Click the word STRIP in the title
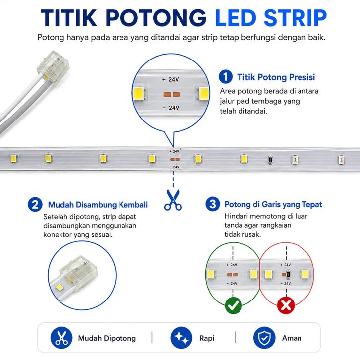click(x=295, y=18)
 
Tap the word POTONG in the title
click(x=156, y=18)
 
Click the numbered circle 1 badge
click(x=226, y=77)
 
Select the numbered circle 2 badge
click(x=35, y=205)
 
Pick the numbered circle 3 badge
click(x=213, y=204)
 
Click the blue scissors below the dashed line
click(x=173, y=200)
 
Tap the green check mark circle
click(x=233, y=305)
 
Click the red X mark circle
click(x=286, y=305)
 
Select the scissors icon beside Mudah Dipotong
click(x=61, y=338)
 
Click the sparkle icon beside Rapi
click(x=181, y=338)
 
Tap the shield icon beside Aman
click(x=264, y=338)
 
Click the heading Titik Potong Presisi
click(x=276, y=77)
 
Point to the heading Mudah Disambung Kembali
click(x=98, y=205)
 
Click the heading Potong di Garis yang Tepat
click(x=273, y=204)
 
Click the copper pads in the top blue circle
click(x=172, y=94)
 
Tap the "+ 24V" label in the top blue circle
click(x=170, y=80)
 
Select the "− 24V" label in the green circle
click(x=232, y=284)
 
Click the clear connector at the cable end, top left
click(x=53, y=64)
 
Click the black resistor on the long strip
click(x=271, y=159)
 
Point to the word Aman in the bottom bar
click(x=292, y=338)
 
